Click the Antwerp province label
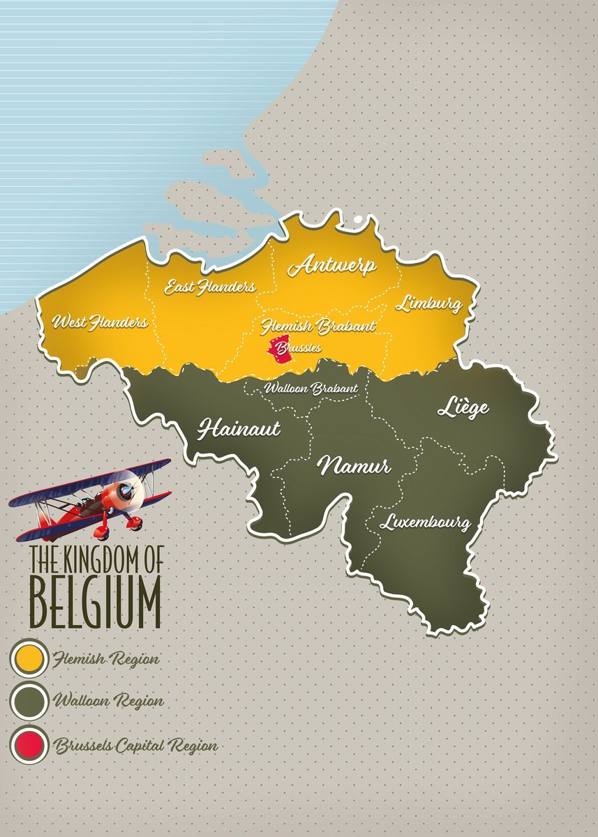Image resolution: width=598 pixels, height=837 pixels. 333,266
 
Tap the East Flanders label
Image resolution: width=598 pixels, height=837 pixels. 209,287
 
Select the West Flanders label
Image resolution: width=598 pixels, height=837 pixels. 100,322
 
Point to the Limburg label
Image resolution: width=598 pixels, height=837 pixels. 428,303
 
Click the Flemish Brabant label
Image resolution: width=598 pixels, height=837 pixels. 317,326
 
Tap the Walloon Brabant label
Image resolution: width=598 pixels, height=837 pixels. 311,388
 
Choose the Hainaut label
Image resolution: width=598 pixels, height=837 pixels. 239,428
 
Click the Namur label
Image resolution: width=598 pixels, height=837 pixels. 354,466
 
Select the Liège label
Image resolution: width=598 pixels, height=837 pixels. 463,408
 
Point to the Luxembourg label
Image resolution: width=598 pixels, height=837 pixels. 424,521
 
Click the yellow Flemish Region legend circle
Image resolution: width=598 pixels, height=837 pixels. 29,658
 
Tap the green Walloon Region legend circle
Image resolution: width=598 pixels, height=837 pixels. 29,701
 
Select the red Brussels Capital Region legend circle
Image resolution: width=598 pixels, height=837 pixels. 29,745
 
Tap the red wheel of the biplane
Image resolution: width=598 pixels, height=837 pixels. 102,531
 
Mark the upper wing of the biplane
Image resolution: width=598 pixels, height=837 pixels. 91,481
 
